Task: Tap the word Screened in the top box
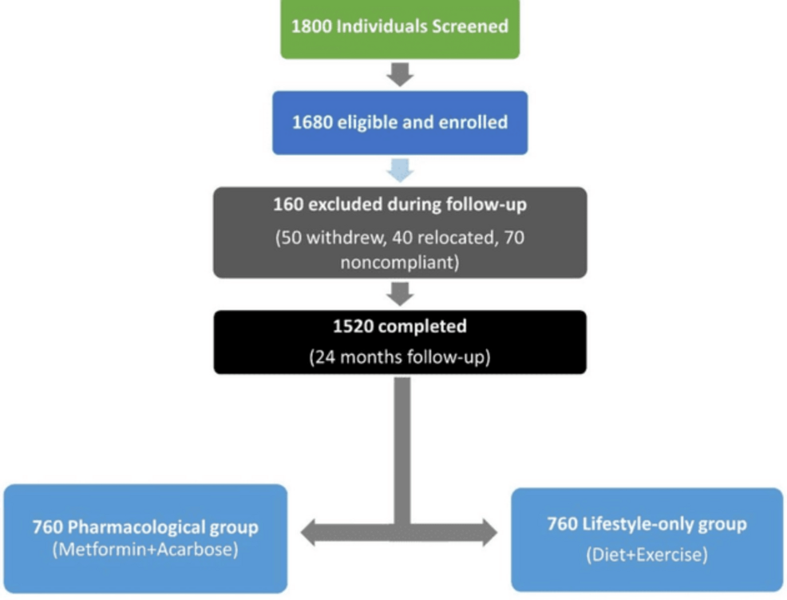pos(469,26)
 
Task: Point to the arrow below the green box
pos(399,74)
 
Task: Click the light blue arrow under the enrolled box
pos(399,170)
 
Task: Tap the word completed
pos(421,328)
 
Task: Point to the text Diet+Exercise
pos(647,554)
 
